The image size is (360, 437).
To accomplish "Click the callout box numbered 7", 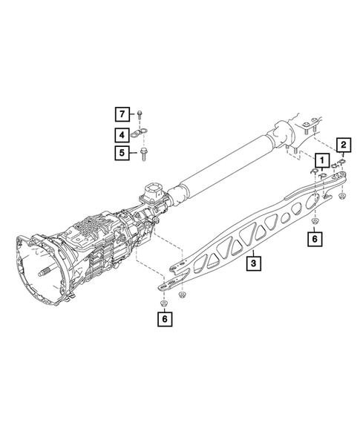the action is coord(122,114).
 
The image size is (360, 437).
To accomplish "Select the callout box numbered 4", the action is coord(122,135).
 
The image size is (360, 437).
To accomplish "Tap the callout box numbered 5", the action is coord(122,153).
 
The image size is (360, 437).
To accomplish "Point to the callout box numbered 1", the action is coord(322,160).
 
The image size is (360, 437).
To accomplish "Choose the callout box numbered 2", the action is coord(344,145).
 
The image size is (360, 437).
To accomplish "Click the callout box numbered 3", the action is coord(253,263).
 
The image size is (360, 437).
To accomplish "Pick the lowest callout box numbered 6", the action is coord(165,319).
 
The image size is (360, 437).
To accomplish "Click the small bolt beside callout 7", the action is coord(140,114).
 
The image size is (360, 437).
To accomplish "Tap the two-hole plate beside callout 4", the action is coord(139,134).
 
